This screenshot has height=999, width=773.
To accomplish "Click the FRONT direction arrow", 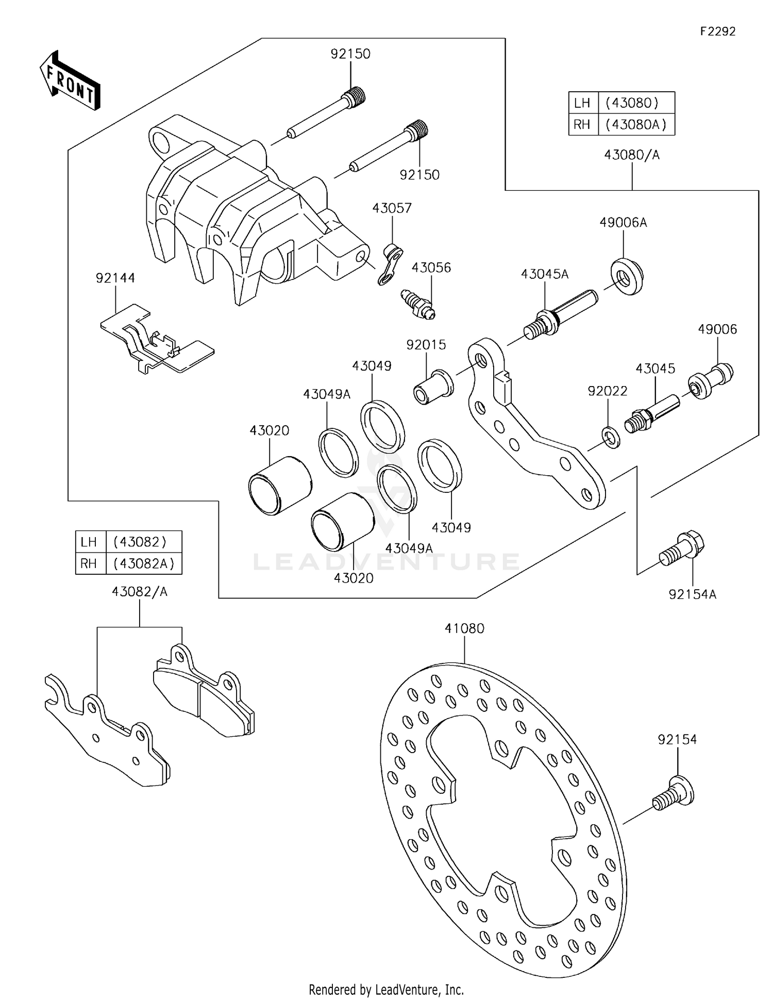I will [70, 80].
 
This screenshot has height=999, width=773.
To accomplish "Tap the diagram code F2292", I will [717, 31].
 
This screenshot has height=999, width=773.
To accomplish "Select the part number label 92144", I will [115, 278].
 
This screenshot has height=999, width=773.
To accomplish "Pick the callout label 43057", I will [392, 208].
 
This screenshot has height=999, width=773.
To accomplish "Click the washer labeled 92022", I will [611, 437].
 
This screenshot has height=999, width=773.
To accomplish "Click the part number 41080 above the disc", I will [464, 629].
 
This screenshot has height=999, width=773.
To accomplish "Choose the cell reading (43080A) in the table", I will [636, 124].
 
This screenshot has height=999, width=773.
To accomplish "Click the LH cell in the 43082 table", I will [89, 542].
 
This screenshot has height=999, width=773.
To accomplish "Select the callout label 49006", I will [717, 329].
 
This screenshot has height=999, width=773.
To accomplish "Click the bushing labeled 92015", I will [433, 387].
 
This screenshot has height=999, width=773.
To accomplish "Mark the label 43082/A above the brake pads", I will [140, 592].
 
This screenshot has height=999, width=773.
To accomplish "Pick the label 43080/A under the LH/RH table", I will [632, 155].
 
